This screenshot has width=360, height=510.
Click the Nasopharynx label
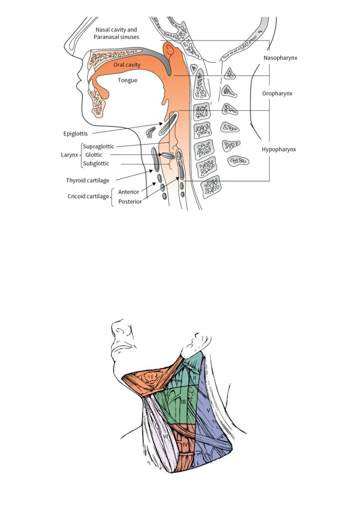pyautogui.click(x=280, y=58)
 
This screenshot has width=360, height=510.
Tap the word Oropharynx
pyautogui.click(x=277, y=93)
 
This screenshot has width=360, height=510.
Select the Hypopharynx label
pyautogui.click(x=279, y=150)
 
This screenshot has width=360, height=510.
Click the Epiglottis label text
pyautogui.click(x=75, y=134)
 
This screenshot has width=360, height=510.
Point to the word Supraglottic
pyautogui.click(x=99, y=147)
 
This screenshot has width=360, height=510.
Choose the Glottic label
pyautogui.click(x=93, y=155)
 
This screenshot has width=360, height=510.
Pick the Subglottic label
pyautogui.click(x=96, y=163)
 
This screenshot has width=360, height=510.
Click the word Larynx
pyautogui.click(x=70, y=155)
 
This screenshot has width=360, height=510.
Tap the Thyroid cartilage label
pyautogui.click(x=88, y=181)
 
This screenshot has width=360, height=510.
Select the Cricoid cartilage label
pyautogui.click(x=88, y=197)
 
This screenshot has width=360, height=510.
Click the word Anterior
pyautogui.click(x=129, y=192)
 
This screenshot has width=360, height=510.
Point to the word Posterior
pyautogui.click(x=130, y=202)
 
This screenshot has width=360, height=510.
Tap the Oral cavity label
pyautogui.click(x=127, y=65)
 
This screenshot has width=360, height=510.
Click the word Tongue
pyautogui.click(x=127, y=80)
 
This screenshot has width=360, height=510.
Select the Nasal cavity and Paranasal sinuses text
pyautogui.click(x=116, y=33)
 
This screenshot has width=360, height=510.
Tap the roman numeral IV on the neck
pyautogui.click(x=185, y=444)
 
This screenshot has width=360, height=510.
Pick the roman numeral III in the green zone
pyautogui.click(x=183, y=402)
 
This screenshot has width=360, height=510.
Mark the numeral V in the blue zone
pyautogui.click(x=209, y=411)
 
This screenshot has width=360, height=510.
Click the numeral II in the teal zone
pyautogui.click(x=194, y=377)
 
